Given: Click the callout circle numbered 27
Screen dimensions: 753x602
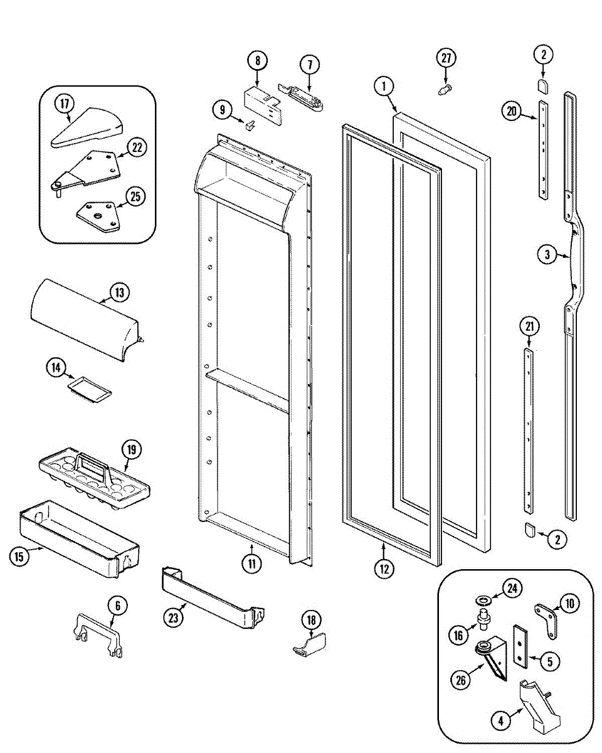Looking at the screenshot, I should [x=445, y=58].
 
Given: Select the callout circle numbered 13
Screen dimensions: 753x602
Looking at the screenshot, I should [x=119, y=292].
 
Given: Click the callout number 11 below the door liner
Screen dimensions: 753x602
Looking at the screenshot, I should [x=251, y=563].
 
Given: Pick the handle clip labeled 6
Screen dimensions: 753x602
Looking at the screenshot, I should [x=97, y=637].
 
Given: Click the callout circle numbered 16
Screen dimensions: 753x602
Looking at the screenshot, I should [x=458, y=635].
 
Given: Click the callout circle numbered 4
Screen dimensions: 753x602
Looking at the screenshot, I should [x=501, y=722].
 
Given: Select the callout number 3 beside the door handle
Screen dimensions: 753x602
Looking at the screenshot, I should [x=547, y=254].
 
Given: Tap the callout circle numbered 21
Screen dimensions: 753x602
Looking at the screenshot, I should [x=529, y=326].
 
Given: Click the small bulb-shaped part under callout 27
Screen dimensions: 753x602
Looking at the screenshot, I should [x=444, y=90].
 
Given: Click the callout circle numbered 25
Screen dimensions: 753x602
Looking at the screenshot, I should [x=134, y=196].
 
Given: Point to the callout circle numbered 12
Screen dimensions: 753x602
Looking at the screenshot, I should [x=384, y=569].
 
